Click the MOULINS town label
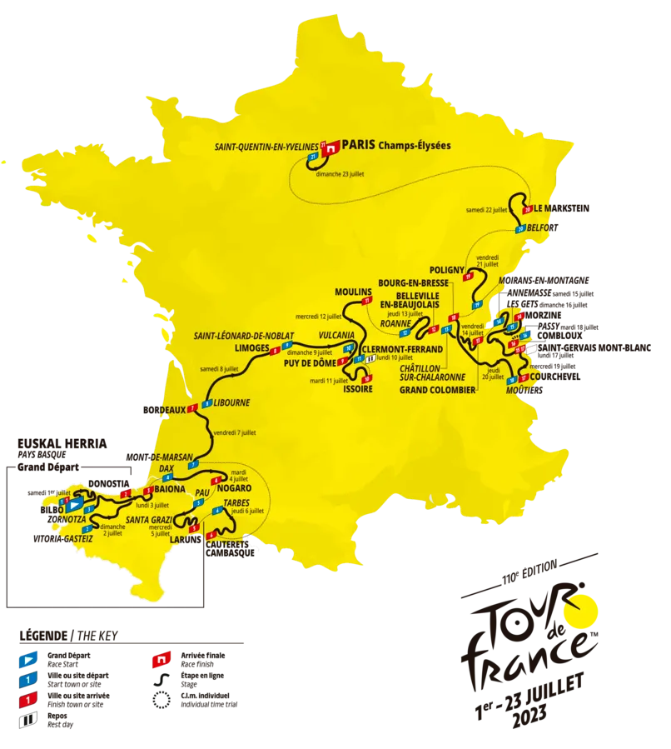pos(350,292)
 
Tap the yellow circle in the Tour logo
pos(581,611)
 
